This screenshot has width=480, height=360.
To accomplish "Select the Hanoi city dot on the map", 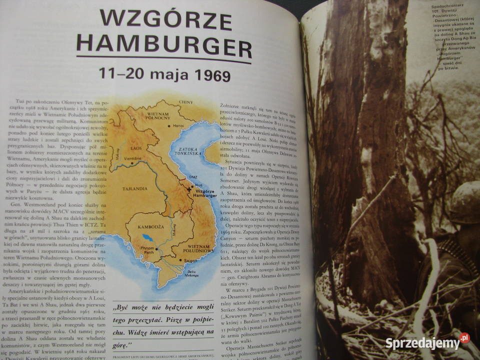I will point(169,126).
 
